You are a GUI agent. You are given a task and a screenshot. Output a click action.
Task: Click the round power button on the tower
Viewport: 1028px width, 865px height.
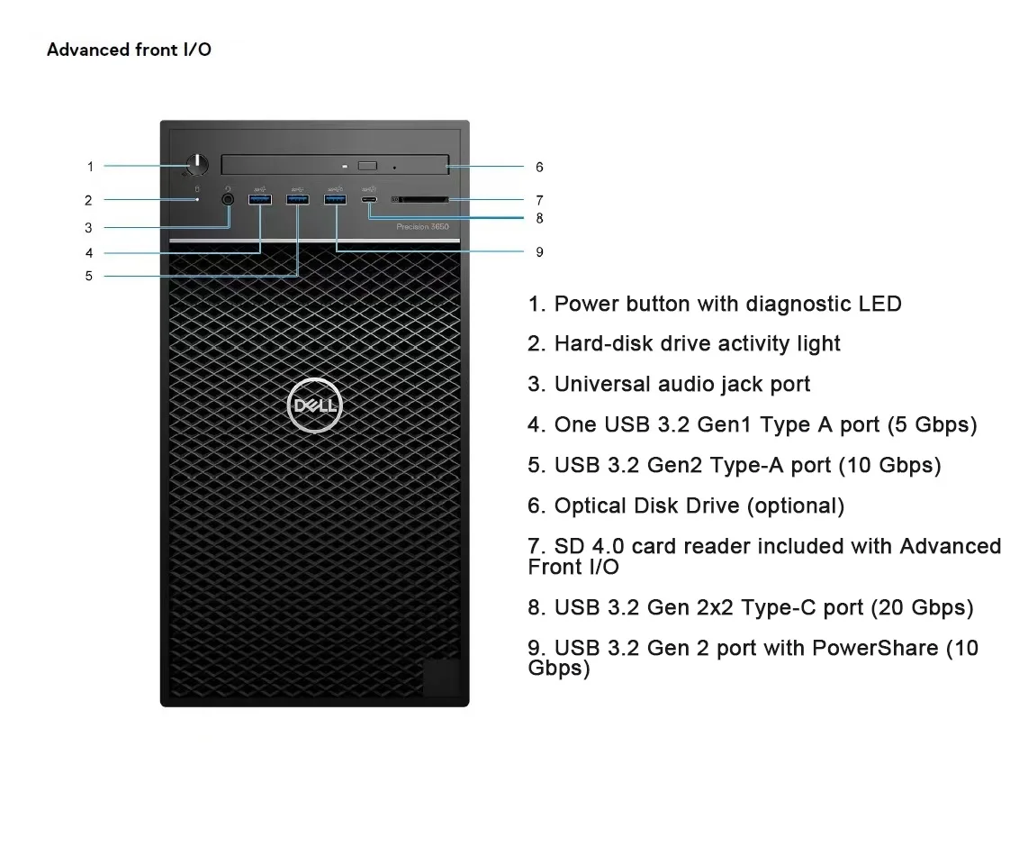tap(197, 164)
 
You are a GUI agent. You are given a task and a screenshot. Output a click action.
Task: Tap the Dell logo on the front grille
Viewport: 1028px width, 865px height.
tap(314, 406)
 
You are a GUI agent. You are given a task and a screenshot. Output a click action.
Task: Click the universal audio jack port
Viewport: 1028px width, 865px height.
tap(228, 197)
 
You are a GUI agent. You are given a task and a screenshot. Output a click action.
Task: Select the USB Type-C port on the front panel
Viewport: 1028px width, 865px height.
tap(370, 199)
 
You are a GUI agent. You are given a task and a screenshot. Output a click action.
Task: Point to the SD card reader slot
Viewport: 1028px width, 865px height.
tap(419, 199)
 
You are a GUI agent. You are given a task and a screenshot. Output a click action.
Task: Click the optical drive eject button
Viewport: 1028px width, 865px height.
tap(366, 166)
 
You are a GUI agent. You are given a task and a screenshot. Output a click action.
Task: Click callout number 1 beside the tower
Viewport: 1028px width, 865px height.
tap(90, 166)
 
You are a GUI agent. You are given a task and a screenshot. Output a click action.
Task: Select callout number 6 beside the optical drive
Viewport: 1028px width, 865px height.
tap(539, 167)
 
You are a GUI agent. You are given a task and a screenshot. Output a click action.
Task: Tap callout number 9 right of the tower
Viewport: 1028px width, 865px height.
tap(539, 252)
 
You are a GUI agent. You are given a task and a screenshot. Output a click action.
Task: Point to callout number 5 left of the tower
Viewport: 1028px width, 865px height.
tap(89, 276)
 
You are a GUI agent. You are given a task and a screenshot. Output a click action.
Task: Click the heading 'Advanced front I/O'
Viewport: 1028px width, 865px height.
tap(129, 50)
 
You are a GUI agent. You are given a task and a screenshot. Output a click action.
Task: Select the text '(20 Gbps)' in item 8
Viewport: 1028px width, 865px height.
tap(922, 607)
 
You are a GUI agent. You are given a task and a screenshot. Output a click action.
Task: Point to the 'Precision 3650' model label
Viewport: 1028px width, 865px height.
tap(422, 227)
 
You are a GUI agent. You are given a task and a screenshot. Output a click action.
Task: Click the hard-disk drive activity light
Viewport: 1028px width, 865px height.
tap(197, 199)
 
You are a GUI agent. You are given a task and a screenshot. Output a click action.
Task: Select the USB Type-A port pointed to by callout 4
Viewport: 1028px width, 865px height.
tap(260, 198)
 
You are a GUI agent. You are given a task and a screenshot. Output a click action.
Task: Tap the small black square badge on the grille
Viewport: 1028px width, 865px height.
tap(441, 677)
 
